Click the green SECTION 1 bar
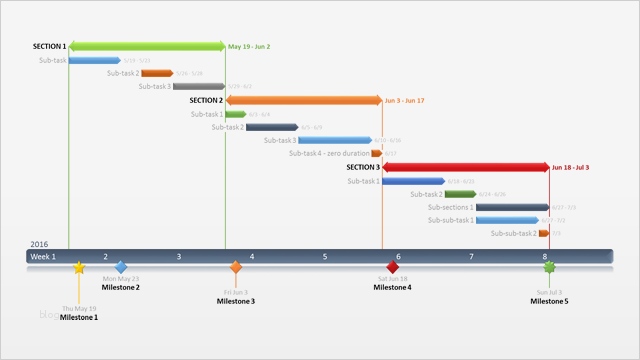point(147,46)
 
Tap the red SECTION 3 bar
point(465,167)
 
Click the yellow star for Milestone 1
point(79,268)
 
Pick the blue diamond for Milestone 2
point(121,267)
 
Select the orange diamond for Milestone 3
point(236,267)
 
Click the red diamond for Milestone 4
point(393,267)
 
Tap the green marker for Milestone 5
point(548,267)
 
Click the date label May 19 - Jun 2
point(249,47)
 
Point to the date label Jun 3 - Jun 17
point(404,101)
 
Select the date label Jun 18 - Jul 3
point(570,168)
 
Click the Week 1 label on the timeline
point(43,257)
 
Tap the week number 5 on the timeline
point(325,257)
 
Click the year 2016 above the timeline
point(39,244)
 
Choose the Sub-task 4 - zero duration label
point(329,153)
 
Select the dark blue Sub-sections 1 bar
point(511,207)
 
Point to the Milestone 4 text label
point(392,288)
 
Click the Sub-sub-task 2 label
point(513,233)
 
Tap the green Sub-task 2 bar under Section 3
point(460,194)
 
